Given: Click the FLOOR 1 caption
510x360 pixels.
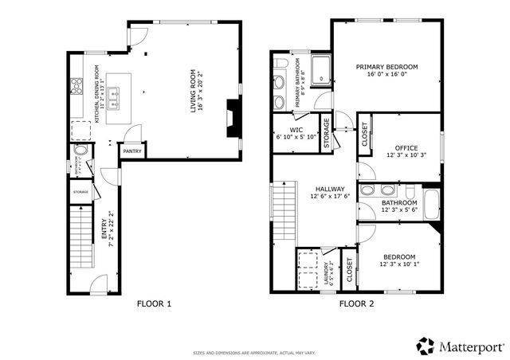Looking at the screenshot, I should tap(154, 303).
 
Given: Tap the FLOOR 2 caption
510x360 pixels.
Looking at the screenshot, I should tap(356, 303).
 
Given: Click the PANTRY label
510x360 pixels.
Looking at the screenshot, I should tap(132, 151).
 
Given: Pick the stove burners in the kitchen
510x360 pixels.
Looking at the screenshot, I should tap(77, 86).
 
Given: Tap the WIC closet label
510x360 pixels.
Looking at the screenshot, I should tap(296, 129).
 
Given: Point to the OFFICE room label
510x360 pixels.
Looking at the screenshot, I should tap(406, 147).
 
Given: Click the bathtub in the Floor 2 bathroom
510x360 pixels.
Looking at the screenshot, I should tap(431, 204).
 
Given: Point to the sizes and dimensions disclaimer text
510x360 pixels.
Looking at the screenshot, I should tap(254, 352).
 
